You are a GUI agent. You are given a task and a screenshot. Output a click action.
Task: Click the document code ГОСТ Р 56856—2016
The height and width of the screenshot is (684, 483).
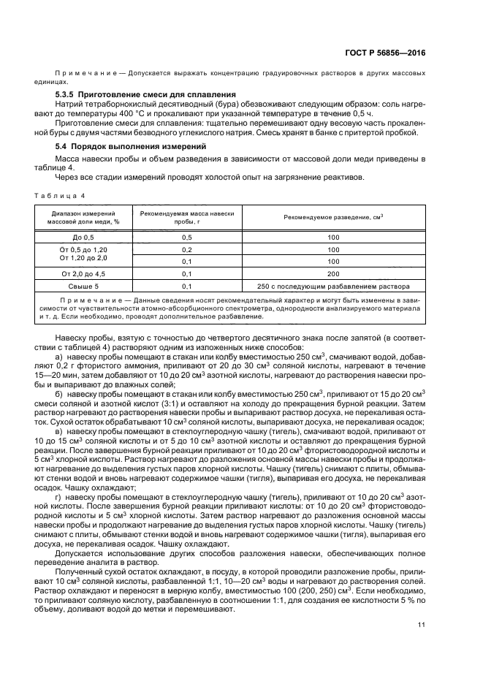pos(387,53)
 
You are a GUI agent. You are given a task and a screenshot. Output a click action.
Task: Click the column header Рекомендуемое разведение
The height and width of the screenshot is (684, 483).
pos(333,217)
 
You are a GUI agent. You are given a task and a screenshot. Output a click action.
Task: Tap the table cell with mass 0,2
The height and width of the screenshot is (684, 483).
pos(186,249)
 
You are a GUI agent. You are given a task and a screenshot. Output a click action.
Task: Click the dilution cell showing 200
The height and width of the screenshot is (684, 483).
pos(333,273)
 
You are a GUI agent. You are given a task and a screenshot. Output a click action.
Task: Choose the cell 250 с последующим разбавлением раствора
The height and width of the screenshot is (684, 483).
pos(333,286)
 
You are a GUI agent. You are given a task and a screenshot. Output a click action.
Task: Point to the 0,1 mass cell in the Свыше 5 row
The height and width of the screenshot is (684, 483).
pos(186,286)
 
